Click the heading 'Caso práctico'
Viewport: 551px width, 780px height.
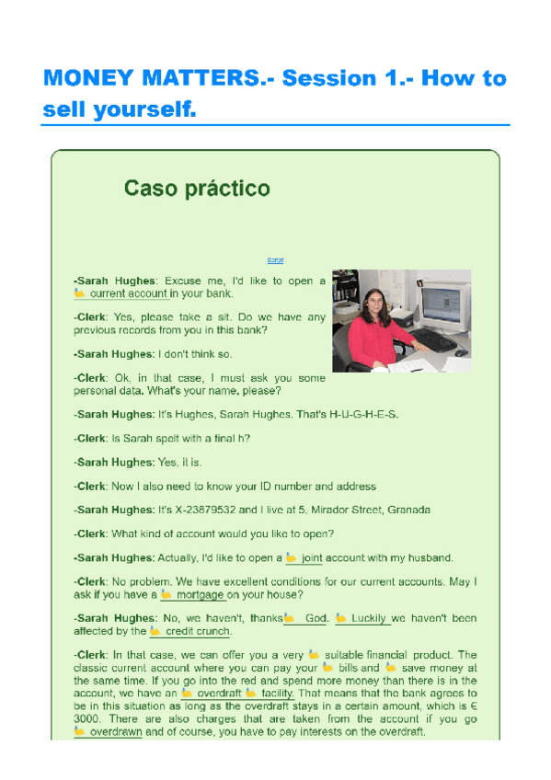(197, 189)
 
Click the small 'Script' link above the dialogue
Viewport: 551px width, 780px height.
(275, 260)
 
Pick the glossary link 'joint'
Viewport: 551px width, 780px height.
(312, 557)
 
